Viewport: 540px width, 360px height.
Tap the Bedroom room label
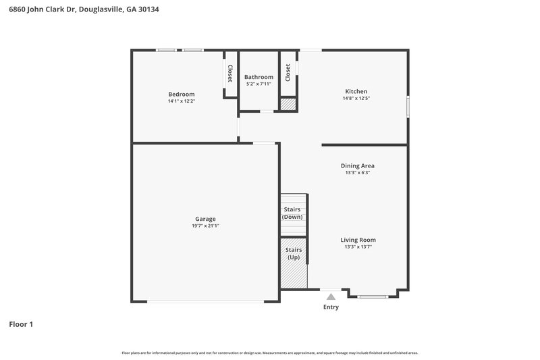182,94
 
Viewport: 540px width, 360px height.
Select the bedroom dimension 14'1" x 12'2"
182,101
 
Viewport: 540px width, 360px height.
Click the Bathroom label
259,77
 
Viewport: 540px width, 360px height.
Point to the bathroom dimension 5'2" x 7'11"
259,84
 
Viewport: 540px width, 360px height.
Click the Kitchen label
356,91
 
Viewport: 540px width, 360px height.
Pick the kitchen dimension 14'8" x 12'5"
356,99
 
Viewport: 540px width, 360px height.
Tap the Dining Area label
357,165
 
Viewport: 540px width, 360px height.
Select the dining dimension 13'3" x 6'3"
357,173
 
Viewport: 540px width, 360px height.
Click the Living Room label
357,240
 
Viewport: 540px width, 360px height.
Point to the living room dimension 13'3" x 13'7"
357,247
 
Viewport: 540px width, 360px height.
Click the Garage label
205,219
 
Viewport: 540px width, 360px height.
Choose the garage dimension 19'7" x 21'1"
205,226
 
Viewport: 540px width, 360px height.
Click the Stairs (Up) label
294,254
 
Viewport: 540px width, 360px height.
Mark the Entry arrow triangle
331,296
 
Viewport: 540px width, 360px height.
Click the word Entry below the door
331,307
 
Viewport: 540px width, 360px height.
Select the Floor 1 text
21,324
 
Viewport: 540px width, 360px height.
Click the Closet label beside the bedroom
230,74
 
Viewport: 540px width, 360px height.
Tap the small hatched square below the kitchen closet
288,105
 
